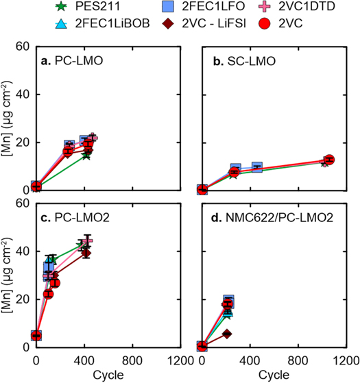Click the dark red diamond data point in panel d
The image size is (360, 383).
(227, 334)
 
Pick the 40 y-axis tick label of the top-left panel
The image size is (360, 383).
(22, 94)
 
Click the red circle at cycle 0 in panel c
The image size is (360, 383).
(36, 335)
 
